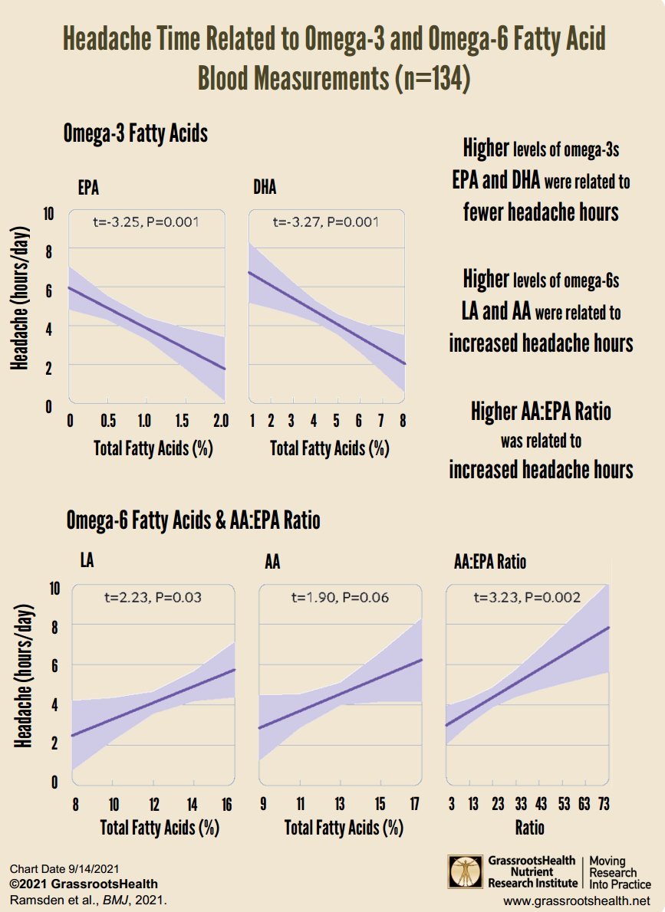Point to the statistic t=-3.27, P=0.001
[326, 222]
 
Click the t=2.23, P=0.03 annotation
[152, 597]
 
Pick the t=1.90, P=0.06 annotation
[340, 597]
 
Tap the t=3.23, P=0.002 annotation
[526, 597]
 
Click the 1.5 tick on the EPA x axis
[181, 422]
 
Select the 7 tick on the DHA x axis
[380, 422]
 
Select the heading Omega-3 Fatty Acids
[137, 134]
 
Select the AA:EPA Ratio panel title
[490, 563]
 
